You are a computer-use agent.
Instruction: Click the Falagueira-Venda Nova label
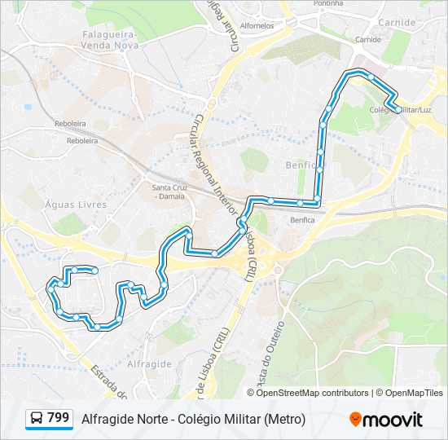[112, 40]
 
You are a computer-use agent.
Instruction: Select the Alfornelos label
[257, 25]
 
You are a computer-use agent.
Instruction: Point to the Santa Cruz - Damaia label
[169, 194]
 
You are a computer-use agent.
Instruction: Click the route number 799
[58, 417]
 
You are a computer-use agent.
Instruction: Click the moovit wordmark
[393, 420]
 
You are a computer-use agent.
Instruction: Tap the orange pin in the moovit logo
[355, 419]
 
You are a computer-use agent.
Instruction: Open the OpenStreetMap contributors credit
[313, 393]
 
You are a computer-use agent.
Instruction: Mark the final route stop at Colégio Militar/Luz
[397, 108]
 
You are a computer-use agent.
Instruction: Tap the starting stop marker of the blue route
[94, 271]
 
